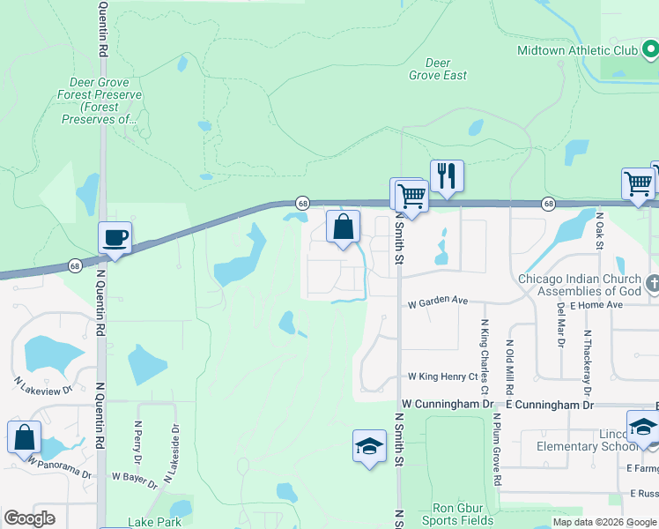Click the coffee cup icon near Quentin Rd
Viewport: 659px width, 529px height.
pyautogui.click(x=115, y=237)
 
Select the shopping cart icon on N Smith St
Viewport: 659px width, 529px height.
pyautogui.click(x=410, y=193)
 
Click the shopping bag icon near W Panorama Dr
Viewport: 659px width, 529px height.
pyautogui.click(x=24, y=436)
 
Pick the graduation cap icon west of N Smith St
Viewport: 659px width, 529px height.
pyautogui.click(x=370, y=445)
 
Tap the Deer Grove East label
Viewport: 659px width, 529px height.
pyautogui.click(x=438, y=69)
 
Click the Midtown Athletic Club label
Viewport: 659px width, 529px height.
pyautogui.click(x=577, y=50)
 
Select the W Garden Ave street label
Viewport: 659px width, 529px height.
pyautogui.click(x=437, y=301)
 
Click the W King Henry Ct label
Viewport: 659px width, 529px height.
pyautogui.click(x=442, y=376)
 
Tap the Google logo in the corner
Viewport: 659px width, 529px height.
pyautogui.click(x=30, y=518)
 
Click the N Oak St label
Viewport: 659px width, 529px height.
pyautogui.click(x=599, y=230)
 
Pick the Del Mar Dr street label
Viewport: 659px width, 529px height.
pyautogui.click(x=561, y=324)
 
